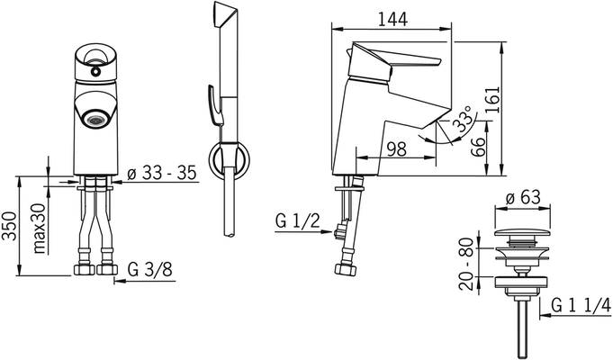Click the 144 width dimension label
click(392, 19)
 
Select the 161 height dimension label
click(492, 100)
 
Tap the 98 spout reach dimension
click(396, 148)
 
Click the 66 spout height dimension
click(478, 147)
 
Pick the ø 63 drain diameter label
click(523, 198)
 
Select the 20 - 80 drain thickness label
click(466, 264)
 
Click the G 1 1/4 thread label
click(581, 305)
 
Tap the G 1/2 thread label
click(297, 221)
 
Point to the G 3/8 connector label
click(149, 269)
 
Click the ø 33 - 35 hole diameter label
click(162, 173)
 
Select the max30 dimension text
click(40, 229)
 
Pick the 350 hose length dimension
click(9, 226)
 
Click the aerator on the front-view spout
click(95, 121)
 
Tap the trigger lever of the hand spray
click(214, 103)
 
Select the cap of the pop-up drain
click(522, 233)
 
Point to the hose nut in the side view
click(346, 270)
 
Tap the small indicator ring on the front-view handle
click(95, 71)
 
